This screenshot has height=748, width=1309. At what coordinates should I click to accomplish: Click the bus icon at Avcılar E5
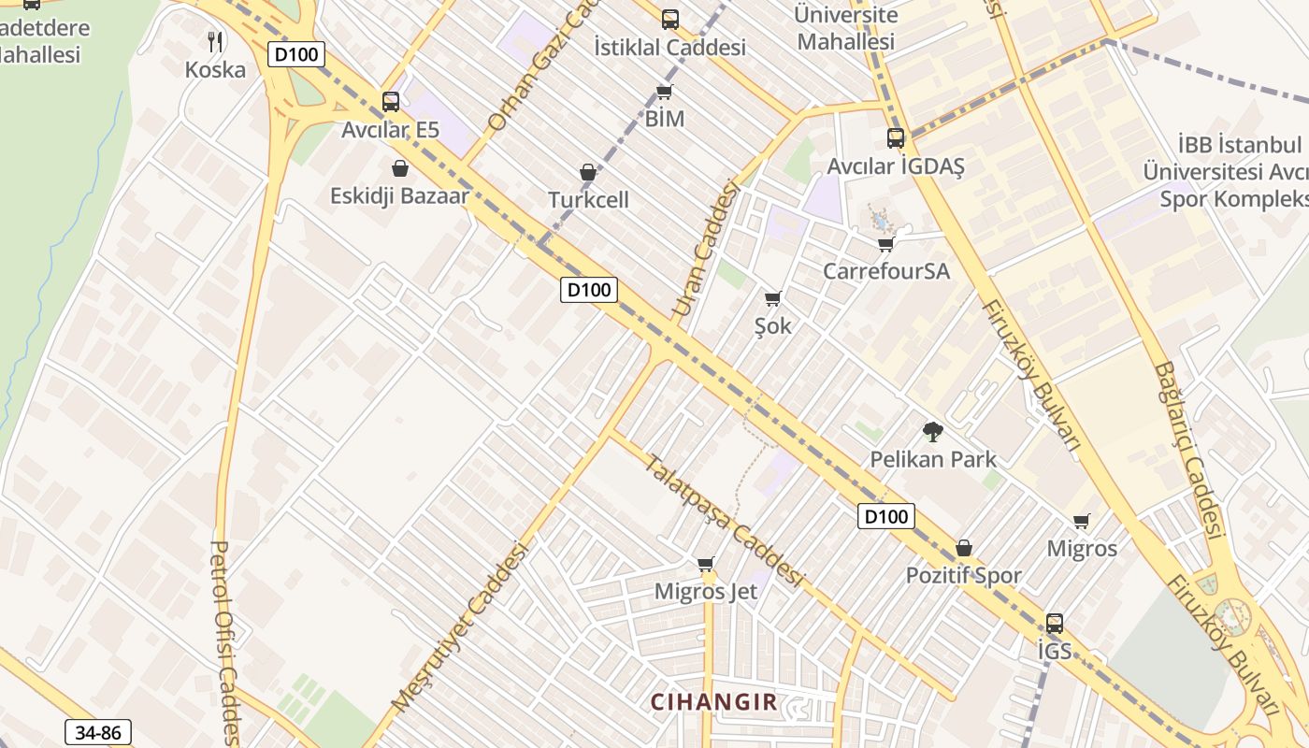click(x=391, y=101)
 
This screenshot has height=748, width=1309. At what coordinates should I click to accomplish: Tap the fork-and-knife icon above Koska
click(x=215, y=40)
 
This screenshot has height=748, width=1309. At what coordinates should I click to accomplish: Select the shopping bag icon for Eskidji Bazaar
click(x=400, y=168)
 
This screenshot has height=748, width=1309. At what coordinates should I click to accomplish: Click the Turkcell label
click(x=588, y=200)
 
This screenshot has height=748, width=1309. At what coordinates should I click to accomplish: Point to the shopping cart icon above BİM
click(x=664, y=92)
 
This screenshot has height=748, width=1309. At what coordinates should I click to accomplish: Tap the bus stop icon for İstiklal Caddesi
click(x=669, y=19)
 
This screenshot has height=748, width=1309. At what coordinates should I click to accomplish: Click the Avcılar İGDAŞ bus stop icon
click(x=896, y=138)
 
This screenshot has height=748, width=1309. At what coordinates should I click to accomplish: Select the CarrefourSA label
click(x=885, y=271)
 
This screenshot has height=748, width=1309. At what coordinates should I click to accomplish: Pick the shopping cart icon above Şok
click(x=772, y=298)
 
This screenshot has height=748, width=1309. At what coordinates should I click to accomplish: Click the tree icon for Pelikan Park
click(x=932, y=431)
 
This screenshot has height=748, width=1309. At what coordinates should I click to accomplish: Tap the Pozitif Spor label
click(x=963, y=576)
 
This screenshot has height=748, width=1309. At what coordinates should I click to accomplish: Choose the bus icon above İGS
click(x=1055, y=623)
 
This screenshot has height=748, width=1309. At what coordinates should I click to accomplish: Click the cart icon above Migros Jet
click(x=706, y=564)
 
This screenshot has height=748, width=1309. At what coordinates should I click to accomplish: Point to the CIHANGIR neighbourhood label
click(x=713, y=702)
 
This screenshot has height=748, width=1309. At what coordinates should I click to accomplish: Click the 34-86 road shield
click(x=98, y=732)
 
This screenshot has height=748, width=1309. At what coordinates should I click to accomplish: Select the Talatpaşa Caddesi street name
click(x=724, y=520)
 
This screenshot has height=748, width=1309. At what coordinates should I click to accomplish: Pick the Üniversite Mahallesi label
click(x=845, y=28)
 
